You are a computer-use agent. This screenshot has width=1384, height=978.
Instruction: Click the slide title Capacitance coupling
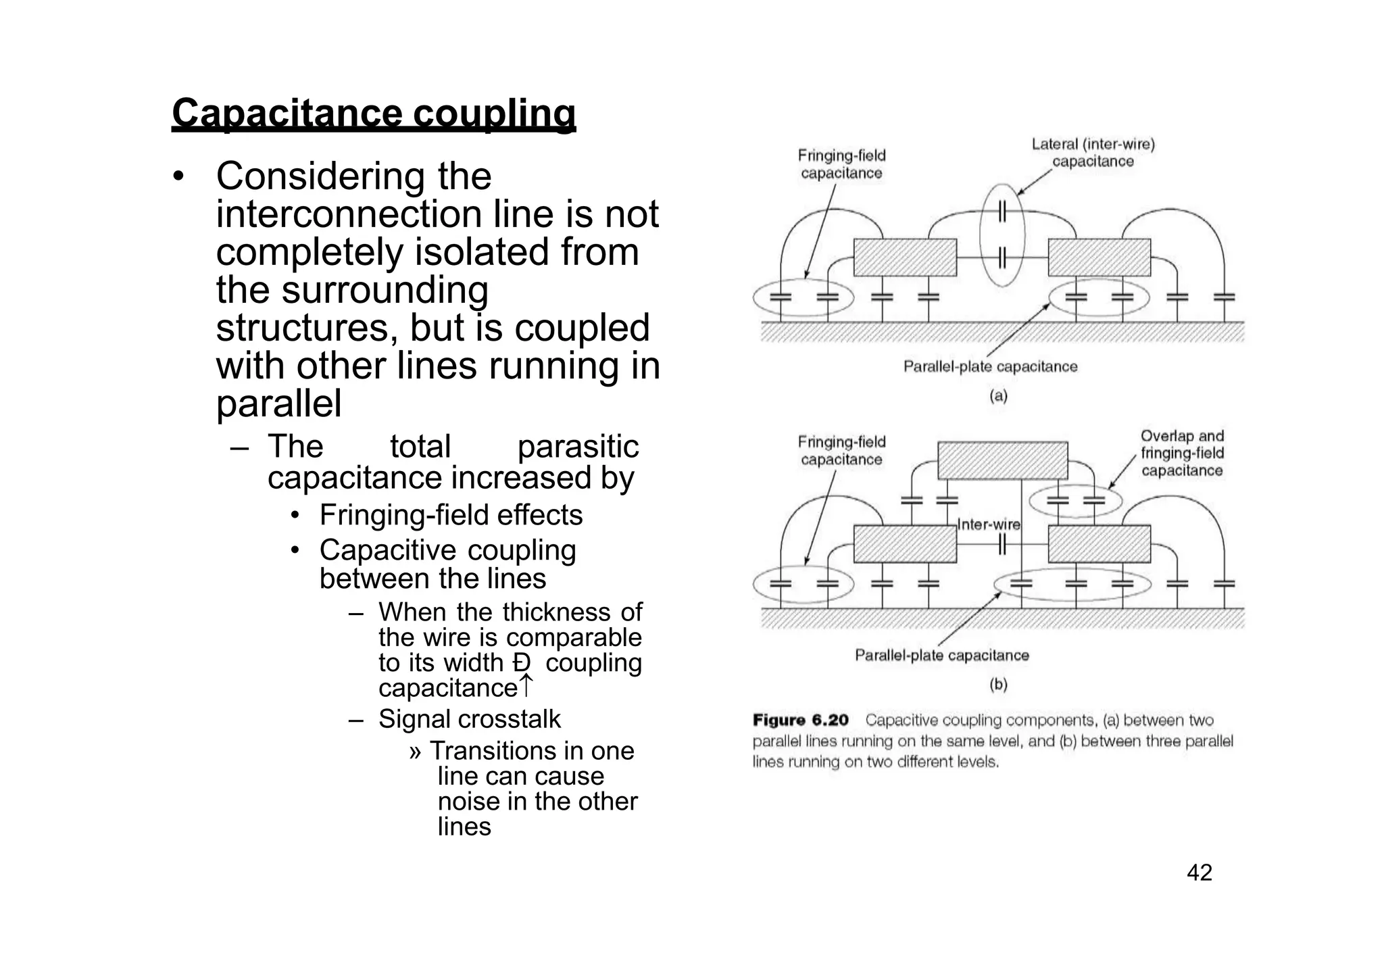[x=374, y=113]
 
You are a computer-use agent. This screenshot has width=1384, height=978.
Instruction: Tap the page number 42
[x=1200, y=873]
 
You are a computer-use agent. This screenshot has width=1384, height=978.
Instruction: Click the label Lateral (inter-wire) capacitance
[x=1093, y=153]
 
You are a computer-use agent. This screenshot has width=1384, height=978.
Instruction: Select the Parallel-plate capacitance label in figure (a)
[x=990, y=367]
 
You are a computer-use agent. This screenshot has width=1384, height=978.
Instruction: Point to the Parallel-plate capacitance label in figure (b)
[x=941, y=655]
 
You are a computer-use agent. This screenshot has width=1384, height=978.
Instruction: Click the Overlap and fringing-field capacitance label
[x=1182, y=454]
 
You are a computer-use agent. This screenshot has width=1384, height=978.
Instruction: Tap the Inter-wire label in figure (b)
[x=989, y=524]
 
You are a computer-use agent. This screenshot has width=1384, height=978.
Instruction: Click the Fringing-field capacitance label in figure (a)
[x=841, y=164]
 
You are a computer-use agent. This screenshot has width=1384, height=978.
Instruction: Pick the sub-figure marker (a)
[x=998, y=396]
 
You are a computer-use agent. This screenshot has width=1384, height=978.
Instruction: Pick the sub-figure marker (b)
[x=998, y=685]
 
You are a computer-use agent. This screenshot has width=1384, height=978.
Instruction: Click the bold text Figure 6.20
[x=801, y=720]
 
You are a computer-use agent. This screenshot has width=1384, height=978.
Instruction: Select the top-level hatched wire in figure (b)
[x=1003, y=460]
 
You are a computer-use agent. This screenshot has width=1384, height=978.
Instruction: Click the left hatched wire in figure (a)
[x=905, y=258]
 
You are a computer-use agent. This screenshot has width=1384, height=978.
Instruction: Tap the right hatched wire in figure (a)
[x=1099, y=258]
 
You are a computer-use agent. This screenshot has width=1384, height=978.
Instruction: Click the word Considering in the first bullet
[x=321, y=176]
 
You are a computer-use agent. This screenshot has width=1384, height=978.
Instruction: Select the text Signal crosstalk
[x=469, y=719]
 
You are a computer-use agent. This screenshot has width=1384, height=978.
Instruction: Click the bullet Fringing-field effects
[x=451, y=515]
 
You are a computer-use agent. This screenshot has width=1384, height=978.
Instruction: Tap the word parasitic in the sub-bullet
[x=577, y=447]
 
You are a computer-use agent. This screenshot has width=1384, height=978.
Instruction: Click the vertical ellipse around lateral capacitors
[x=1002, y=236]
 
